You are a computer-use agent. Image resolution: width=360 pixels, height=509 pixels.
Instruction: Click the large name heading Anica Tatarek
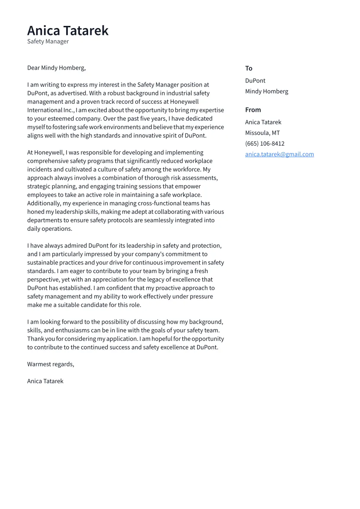[x=68, y=31]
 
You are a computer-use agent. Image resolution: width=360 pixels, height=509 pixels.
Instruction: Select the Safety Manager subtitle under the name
[x=48, y=41]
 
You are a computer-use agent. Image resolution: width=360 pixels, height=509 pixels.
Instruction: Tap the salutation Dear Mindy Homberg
[x=56, y=68]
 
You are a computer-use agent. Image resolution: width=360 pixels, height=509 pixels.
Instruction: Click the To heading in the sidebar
[x=248, y=68]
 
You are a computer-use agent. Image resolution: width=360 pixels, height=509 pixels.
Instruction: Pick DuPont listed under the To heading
[x=255, y=81]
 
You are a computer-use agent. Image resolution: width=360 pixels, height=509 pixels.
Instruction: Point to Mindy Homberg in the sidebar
[x=266, y=92]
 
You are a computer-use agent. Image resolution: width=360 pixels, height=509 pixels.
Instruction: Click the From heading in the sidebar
[x=253, y=110]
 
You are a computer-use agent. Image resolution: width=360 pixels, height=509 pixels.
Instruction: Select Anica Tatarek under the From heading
[x=263, y=122]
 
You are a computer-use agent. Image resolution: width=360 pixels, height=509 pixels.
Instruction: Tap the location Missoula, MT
[x=262, y=133]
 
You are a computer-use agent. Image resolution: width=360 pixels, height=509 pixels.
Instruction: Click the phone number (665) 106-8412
[x=264, y=144]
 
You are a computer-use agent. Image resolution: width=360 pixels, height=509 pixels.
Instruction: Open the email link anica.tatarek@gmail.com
[x=279, y=154]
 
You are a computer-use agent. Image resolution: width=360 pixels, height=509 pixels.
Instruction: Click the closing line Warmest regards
[x=51, y=364]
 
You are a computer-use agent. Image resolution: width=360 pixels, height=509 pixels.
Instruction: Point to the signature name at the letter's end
[x=45, y=381]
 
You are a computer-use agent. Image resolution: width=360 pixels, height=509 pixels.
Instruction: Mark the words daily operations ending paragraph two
[x=50, y=229]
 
